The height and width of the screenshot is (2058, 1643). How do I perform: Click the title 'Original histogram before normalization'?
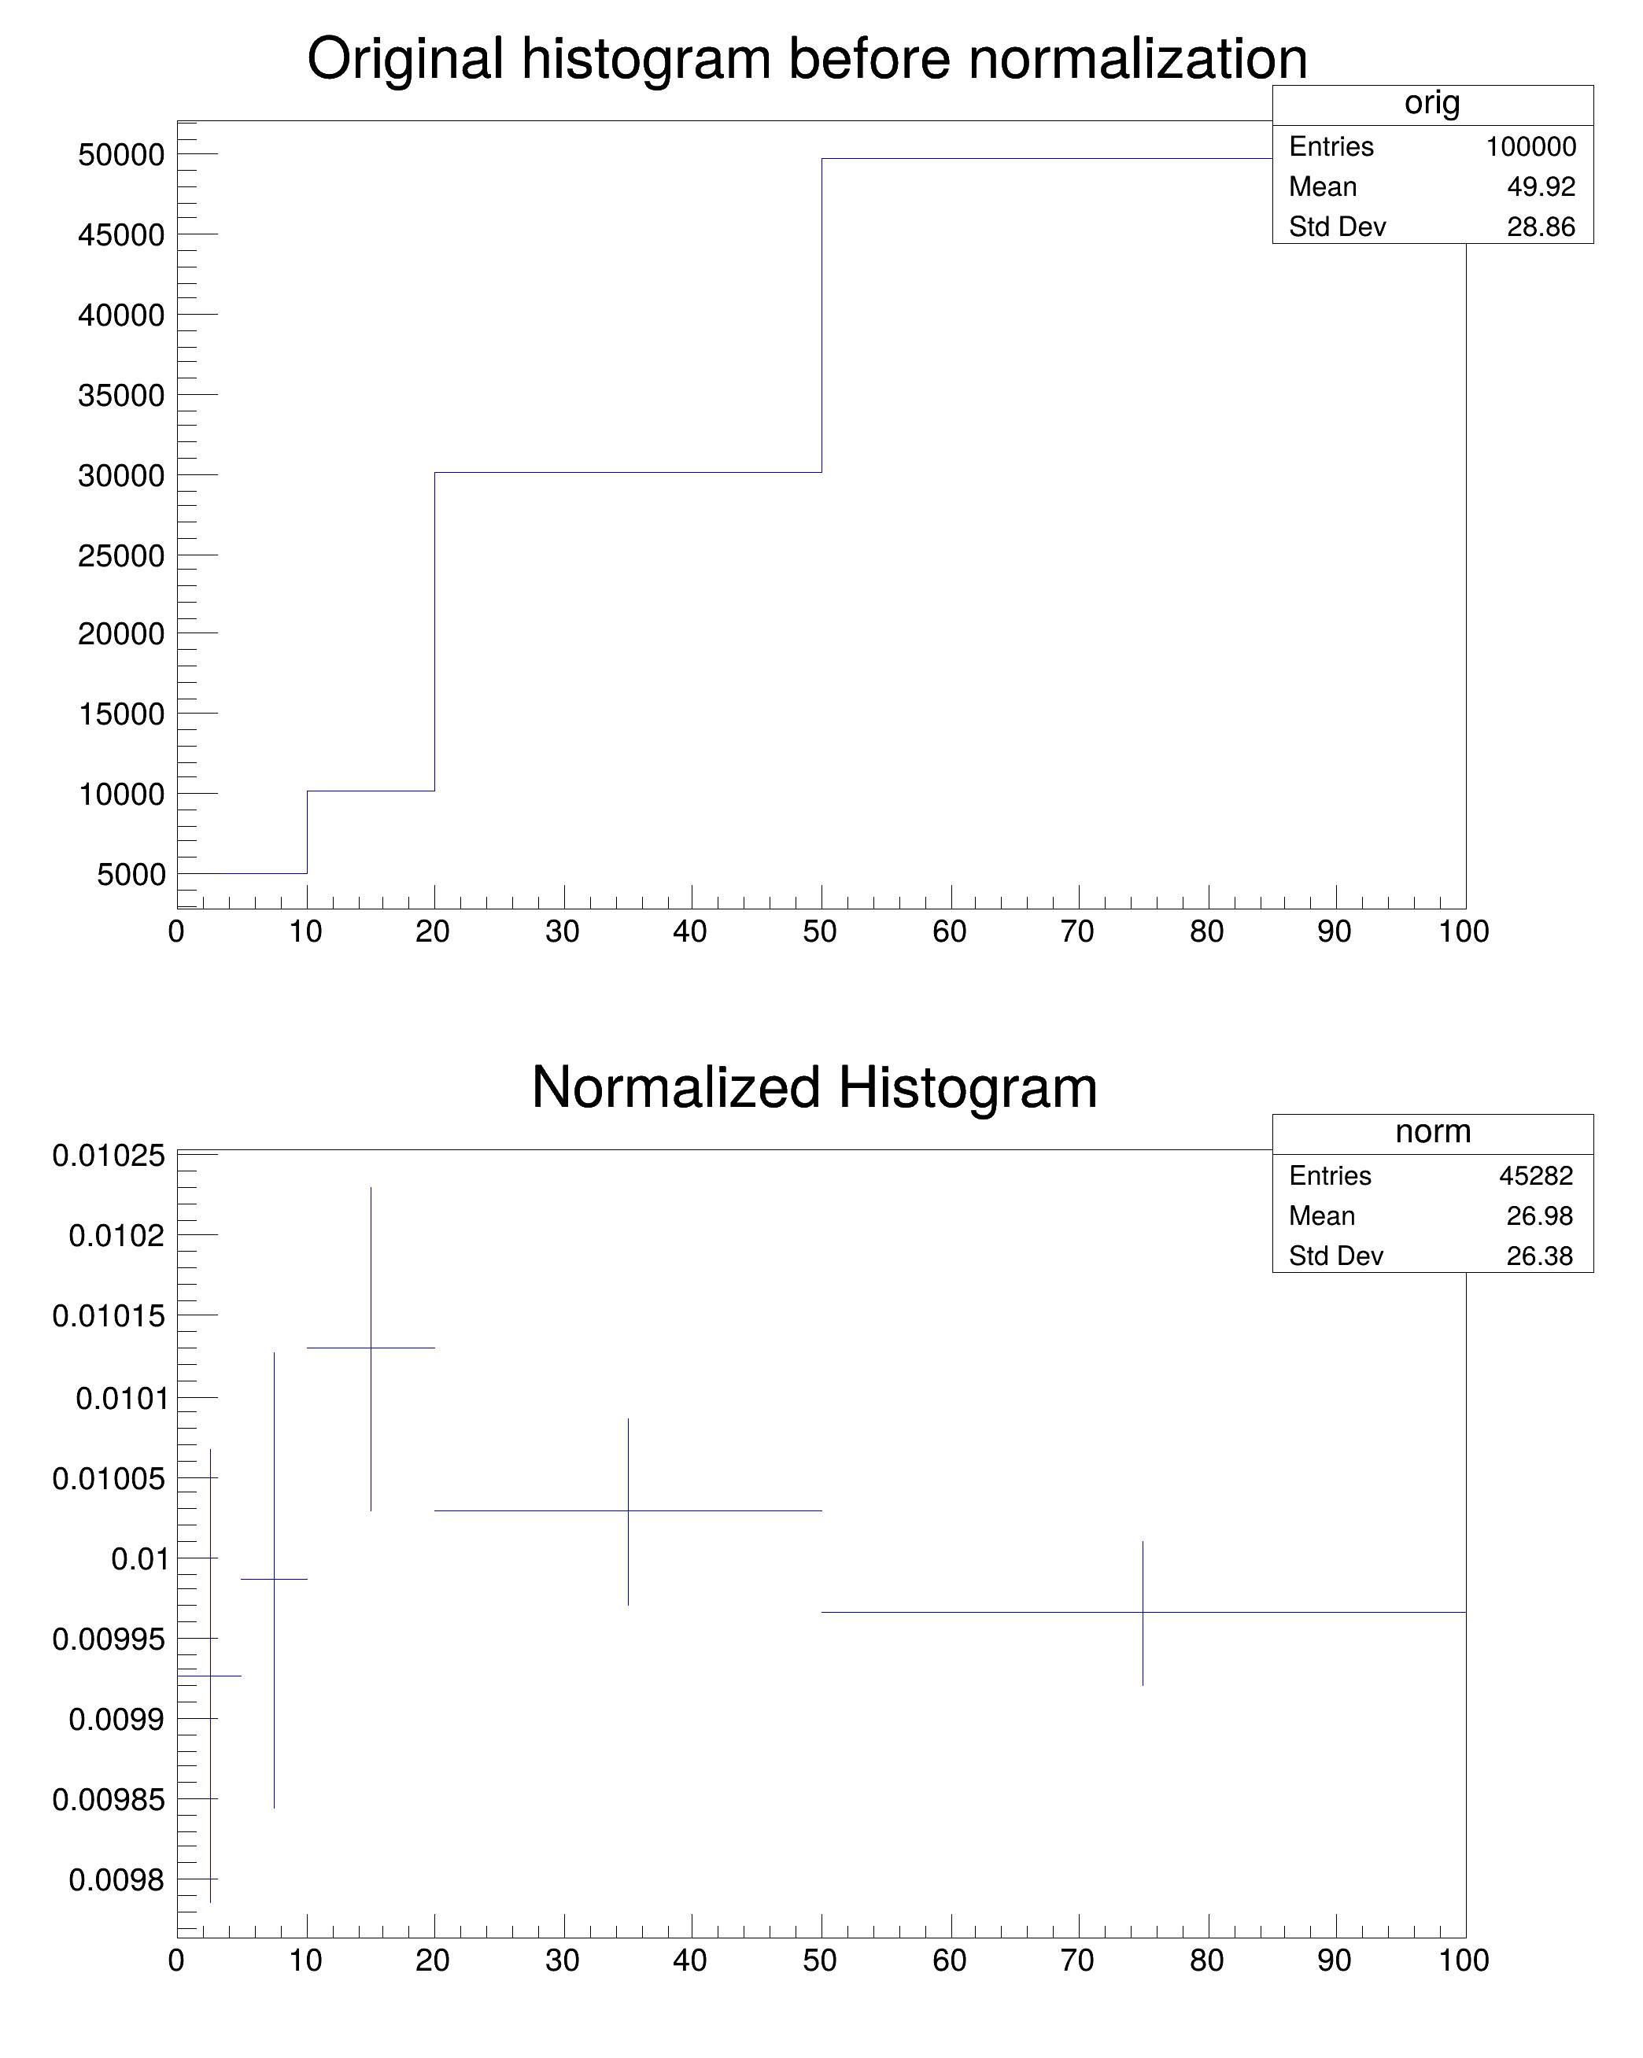807,59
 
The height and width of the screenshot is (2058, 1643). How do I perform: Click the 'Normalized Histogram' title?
814,1087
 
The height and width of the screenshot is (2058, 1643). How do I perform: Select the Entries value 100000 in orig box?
1530,147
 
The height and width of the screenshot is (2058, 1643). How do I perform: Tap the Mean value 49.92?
1541,187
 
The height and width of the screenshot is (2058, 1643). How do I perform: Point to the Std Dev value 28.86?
1541,227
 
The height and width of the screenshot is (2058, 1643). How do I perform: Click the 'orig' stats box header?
1432,104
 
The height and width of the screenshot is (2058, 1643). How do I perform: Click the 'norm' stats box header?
1432,1132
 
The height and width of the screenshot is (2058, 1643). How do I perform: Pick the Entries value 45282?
1535,1176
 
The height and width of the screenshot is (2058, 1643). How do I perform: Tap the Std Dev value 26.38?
1539,1256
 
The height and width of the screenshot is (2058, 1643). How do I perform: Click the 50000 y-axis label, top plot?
121,155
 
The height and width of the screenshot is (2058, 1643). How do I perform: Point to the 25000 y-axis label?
121,555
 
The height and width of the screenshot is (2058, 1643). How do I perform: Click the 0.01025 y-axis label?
109,1156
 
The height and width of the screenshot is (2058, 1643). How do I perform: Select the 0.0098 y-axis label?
116,1879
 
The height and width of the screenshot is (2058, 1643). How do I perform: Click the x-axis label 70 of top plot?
1077,931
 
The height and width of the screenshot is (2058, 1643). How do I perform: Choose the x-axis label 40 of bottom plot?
689,1960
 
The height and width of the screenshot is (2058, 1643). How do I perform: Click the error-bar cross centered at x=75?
1143,1612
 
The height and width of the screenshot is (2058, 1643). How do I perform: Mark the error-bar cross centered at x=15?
371,1348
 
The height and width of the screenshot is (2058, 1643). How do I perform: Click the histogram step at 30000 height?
628,473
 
